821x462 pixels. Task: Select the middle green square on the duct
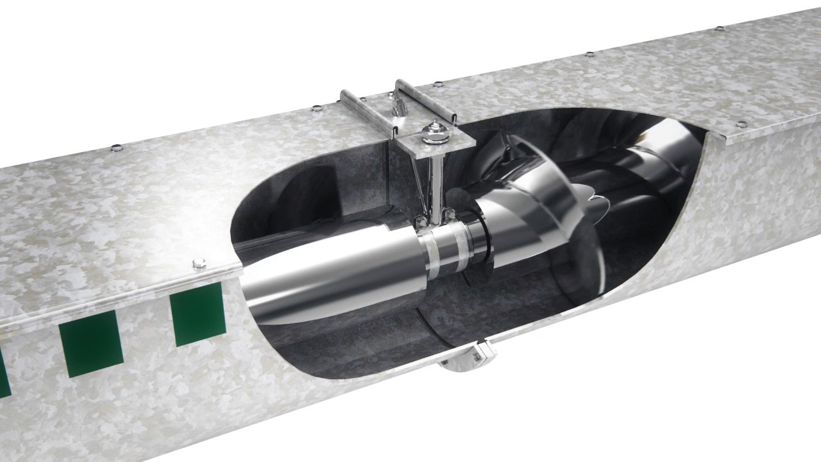coord(90,343)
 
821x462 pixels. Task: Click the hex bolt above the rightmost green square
coord(199,263)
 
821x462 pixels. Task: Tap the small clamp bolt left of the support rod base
coord(421,223)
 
